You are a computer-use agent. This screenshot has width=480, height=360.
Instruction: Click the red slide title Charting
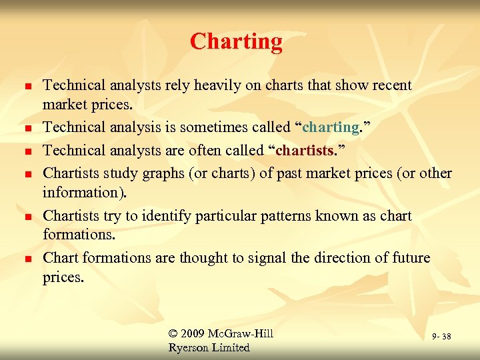pyautogui.click(x=236, y=42)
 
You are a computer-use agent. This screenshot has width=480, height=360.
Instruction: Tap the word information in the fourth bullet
pyautogui.click(x=79, y=193)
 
